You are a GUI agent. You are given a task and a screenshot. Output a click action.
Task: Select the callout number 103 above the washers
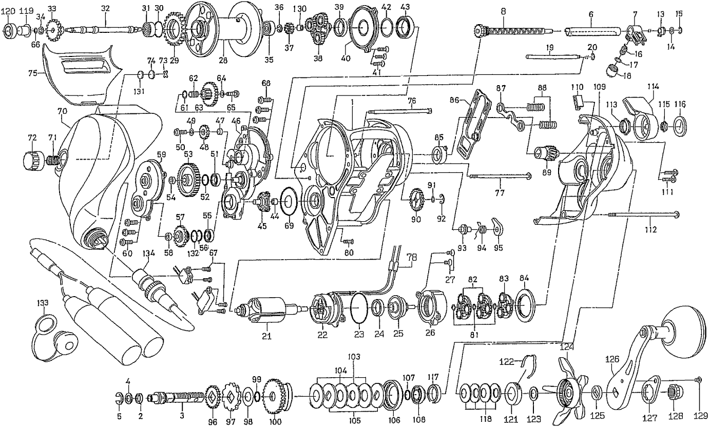(x=354, y=356)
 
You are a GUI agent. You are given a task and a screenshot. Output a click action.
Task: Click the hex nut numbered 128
(x=672, y=394)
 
